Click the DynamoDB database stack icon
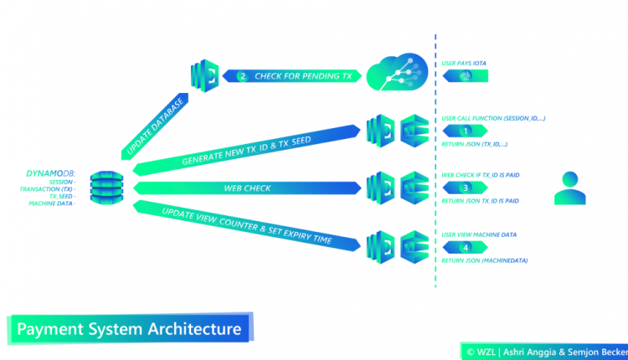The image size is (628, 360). coord(106,188)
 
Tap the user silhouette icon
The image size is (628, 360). coord(567,188)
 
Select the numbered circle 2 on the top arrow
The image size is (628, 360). coord(243,75)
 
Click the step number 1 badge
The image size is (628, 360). coord(466,131)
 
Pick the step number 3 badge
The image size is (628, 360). coord(466,188)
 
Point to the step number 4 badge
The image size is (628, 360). coord(466,248)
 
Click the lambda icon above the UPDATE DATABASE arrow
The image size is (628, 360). coord(204,74)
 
